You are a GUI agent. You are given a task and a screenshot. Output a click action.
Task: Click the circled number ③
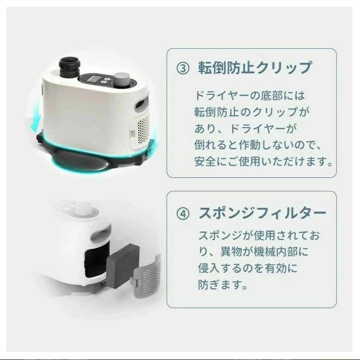(183, 68)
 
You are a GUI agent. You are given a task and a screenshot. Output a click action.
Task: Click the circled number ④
(183, 214)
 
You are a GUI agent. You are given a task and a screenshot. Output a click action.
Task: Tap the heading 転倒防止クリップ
(256, 68)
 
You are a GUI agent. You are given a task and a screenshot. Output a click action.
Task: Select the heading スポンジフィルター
(262, 213)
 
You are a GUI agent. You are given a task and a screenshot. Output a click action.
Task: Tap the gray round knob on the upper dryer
(122, 79)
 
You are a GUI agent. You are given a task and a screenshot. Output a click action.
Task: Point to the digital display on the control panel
(94, 79)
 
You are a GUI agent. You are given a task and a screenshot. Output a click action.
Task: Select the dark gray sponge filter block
(123, 266)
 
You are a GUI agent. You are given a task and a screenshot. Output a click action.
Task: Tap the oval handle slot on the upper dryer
(142, 103)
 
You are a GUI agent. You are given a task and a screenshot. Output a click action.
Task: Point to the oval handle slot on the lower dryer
(101, 234)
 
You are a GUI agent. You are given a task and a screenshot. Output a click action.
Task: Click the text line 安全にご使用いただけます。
(264, 161)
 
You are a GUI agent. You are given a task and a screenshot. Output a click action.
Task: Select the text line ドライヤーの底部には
(250, 96)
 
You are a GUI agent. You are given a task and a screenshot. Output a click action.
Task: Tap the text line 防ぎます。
(223, 285)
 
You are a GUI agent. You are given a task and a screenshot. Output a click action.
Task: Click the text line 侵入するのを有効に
(247, 268)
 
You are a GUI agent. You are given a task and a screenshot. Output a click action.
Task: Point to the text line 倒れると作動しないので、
(258, 145)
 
